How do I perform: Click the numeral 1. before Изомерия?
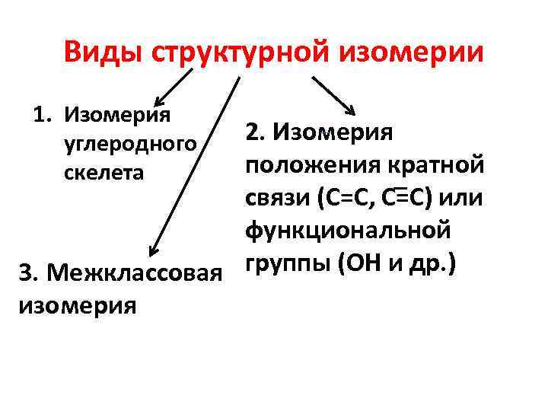[x=45, y=116]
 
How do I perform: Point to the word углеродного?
[x=129, y=144]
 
